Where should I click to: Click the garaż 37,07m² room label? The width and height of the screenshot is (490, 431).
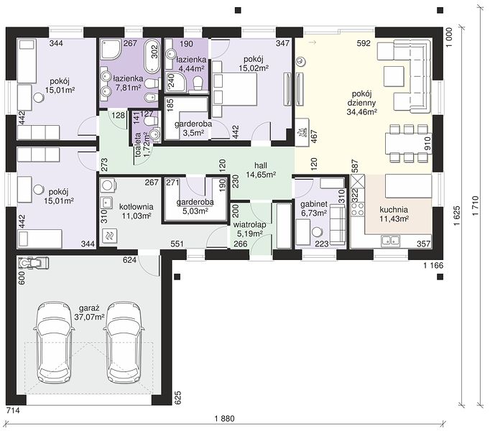89,312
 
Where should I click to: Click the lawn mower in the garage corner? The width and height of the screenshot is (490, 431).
33,262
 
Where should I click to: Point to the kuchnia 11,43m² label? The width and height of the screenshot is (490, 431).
394,214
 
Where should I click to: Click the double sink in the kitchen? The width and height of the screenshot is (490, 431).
390,241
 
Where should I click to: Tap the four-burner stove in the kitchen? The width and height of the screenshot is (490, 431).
358,209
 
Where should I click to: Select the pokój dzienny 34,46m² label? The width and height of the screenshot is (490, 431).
361,103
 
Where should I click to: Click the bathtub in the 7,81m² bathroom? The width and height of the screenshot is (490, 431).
152,55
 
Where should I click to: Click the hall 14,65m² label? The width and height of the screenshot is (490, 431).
261,170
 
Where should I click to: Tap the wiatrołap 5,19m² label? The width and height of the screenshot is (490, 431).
250,228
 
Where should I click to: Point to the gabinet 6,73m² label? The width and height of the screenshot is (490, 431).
314,208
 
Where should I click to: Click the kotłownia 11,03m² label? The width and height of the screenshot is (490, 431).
137,211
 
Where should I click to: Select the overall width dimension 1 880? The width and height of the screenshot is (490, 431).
225,419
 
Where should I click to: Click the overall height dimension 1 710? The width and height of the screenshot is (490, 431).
475,205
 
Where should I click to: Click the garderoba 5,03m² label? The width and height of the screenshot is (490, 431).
195,206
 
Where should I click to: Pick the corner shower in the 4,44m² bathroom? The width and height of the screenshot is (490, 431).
175,82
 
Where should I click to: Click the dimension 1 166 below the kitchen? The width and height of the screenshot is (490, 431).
433,265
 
